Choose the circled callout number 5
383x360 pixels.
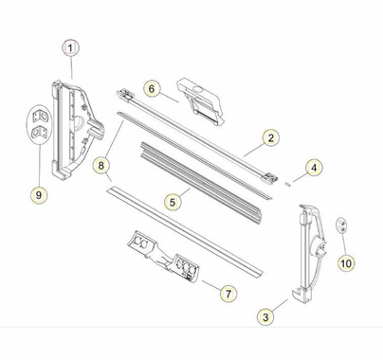pyautogui.click(x=172, y=201)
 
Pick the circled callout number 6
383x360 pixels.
pyautogui.click(x=151, y=89)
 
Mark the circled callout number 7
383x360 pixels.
pyautogui.click(x=229, y=294)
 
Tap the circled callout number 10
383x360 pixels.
pyautogui.click(x=345, y=261)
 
